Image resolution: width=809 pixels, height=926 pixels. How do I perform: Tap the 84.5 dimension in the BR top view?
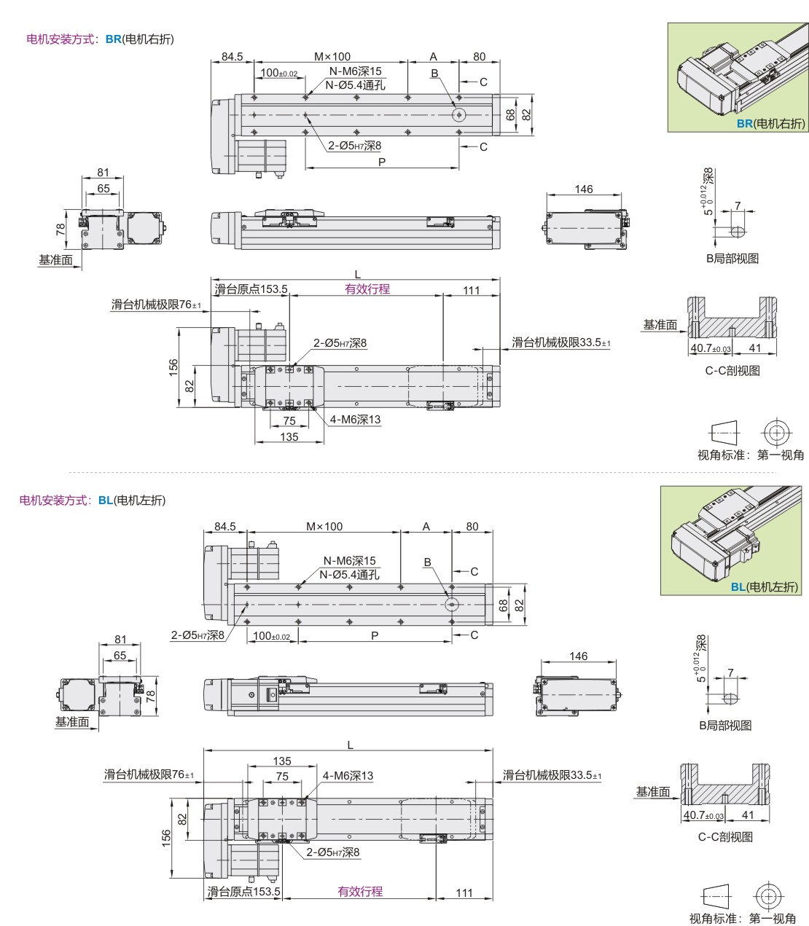point(232,56)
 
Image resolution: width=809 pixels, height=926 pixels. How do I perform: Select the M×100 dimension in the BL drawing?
point(324,526)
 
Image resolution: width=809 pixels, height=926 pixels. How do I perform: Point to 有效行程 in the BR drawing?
point(367,289)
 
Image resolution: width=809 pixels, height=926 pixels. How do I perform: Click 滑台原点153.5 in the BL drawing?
point(243,891)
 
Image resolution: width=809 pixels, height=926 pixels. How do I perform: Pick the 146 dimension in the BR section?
point(584,189)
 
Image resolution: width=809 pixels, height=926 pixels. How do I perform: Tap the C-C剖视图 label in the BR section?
point(732,370)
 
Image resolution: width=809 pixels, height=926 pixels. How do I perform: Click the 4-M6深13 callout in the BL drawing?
point(348,776)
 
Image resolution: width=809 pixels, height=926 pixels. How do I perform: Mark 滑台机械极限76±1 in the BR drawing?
point(156,305)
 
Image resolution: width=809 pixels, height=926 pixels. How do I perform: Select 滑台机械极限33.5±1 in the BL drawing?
point(552,775)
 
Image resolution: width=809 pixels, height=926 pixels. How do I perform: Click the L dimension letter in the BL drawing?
point(350,745)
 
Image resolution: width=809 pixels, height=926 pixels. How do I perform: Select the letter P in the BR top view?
point(381,162)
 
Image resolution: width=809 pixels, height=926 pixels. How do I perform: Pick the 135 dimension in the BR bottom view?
point(289,436)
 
